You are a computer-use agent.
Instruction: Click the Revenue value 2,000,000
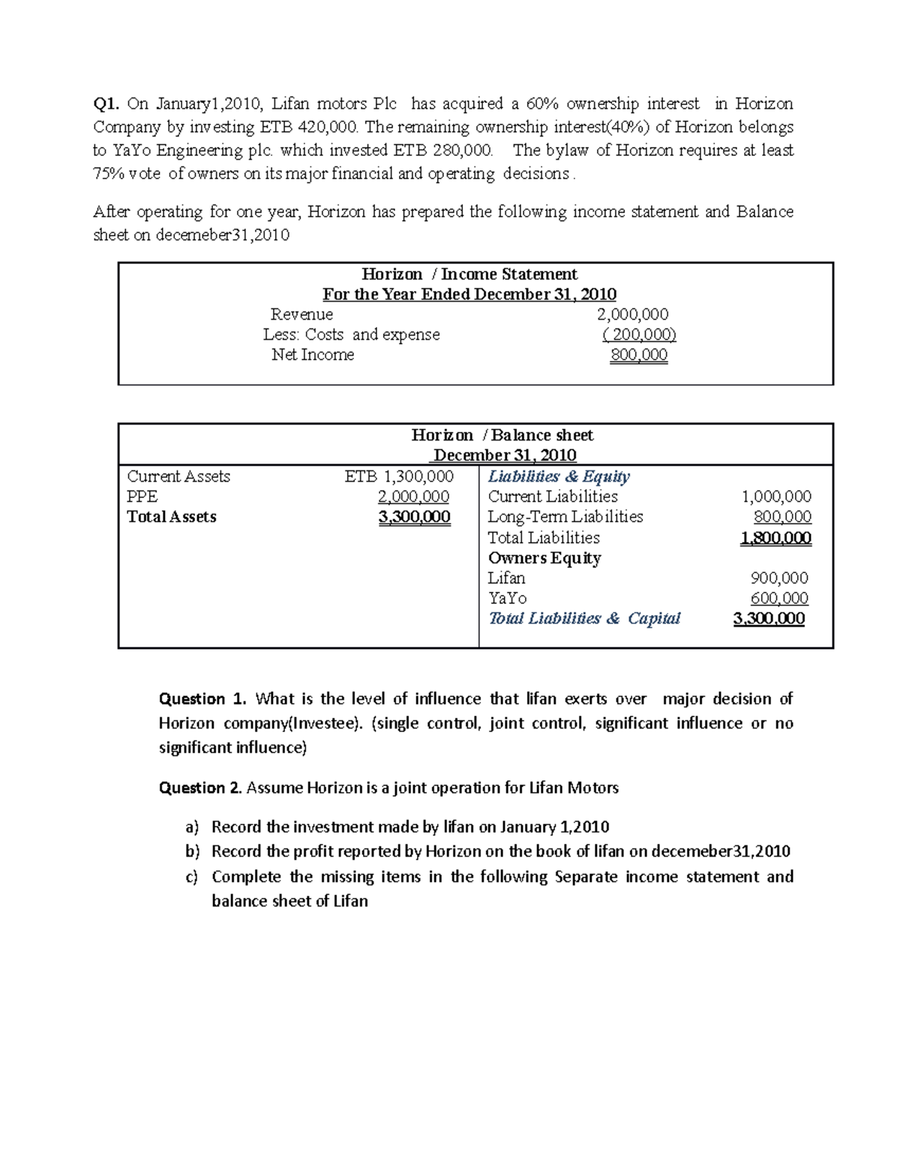[632, 314]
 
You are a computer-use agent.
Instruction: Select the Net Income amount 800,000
[638, 355]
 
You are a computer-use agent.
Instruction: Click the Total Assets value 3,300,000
[415, 517]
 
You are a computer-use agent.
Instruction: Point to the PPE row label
[142, 497]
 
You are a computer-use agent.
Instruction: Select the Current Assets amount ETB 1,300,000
[399, 476]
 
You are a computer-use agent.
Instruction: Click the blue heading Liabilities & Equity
[559, 476]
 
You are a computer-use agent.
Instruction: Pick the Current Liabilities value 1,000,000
[776, 497]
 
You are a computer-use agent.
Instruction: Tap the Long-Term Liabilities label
[565, 517]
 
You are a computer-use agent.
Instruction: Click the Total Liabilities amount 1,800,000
[775, 538]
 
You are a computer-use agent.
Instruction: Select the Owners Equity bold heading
[544, 558]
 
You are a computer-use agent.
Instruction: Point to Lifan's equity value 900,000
[779, 578]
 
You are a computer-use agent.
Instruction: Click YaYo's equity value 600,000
[779, 599]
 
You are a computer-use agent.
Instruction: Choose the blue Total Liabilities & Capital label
[584, 619]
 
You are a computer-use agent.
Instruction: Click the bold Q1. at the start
[106, 104]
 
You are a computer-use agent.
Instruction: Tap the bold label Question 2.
[200, 788]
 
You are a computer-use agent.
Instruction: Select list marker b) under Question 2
[193, 851]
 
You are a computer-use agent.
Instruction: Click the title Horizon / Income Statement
[469, 274]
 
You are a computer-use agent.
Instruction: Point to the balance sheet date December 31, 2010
[505, 455]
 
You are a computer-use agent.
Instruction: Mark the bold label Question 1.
[202, 699]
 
